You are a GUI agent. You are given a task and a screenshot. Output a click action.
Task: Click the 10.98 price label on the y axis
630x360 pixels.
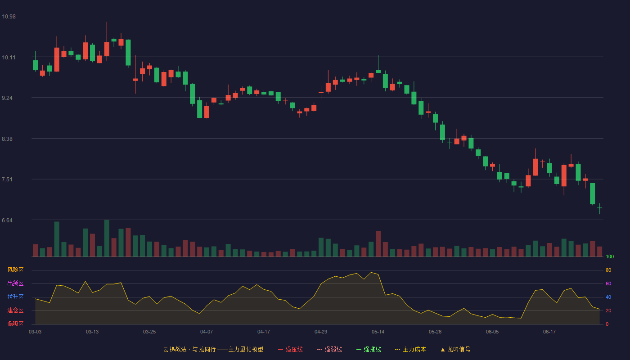[x=9, y=17]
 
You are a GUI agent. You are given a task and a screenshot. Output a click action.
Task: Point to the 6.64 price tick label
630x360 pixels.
[x=7, y=220]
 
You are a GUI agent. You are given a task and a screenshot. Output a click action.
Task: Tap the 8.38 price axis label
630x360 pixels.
[x=7, y=139]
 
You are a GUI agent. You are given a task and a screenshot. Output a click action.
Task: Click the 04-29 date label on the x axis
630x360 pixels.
[x=320, y=332]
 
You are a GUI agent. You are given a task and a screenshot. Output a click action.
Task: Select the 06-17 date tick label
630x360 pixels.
[x=549, y=332]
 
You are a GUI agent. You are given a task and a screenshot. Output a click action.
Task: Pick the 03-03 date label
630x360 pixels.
[x=35, y=332]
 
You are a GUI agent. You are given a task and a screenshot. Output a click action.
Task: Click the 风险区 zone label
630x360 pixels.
[x=15, y=270]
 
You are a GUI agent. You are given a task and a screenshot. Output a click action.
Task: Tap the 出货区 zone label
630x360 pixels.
[x=15, y=283]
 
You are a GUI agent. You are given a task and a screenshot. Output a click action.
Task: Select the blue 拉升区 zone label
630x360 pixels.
[x=15, y=297]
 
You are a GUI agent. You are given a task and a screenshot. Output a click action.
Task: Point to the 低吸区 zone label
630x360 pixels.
[x=15, y=324]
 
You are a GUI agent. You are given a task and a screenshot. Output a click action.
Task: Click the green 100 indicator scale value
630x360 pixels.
[x=610, y=256]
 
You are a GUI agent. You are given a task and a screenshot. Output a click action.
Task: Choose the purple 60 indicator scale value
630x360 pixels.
[x=608, y=283]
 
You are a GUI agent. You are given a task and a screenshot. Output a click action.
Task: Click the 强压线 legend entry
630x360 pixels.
[x=290, y=349]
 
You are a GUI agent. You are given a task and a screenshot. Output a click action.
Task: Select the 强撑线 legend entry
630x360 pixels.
[x=369, y=349]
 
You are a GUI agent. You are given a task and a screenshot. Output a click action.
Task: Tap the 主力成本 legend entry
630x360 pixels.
[x=410, y=349]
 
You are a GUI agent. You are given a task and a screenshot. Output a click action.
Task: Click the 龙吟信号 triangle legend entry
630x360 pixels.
[x=455, y=349]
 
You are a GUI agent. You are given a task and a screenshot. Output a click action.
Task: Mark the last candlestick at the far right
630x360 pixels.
[x=599, y=208]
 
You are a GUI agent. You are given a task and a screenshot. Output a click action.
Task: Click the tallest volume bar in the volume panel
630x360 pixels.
[x=107, y=238]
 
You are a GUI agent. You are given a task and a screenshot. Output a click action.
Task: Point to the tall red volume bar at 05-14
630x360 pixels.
[x=378, y=244]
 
